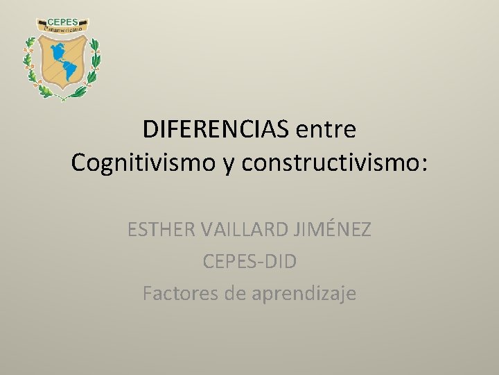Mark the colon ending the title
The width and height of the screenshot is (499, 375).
pos(423,165)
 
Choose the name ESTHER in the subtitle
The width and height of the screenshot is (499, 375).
pos(157,229)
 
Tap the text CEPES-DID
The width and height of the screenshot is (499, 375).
pos(249,262)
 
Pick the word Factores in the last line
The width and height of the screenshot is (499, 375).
pos(180,294)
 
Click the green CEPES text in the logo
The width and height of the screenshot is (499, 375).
pos(62,22)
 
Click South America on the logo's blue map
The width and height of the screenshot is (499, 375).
pos(69,70)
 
